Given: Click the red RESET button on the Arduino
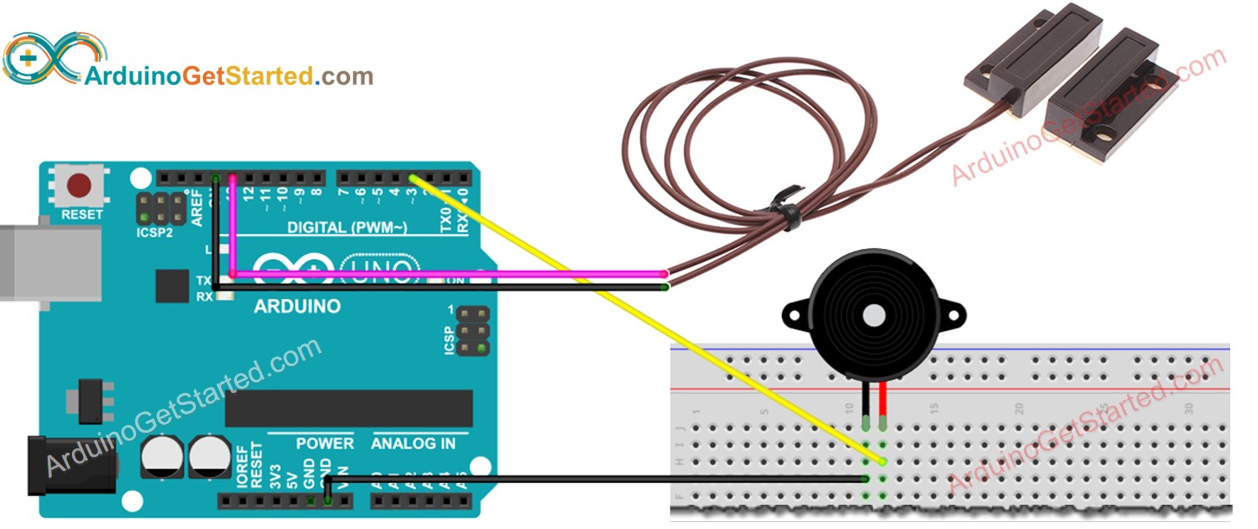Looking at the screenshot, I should [x=81, y=186].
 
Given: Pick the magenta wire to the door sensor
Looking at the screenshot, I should [x=451, y=274].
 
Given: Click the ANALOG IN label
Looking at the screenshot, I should [x=413, y=443].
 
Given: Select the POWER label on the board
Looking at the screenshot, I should [x=324, y=443].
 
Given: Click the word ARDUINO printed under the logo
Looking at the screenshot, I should [x=297, y=306].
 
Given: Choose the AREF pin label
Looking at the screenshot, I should [x=198, y=208].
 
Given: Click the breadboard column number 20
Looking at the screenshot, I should [x=1020, y=408].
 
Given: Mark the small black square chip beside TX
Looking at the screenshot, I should [x=171, y=285].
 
